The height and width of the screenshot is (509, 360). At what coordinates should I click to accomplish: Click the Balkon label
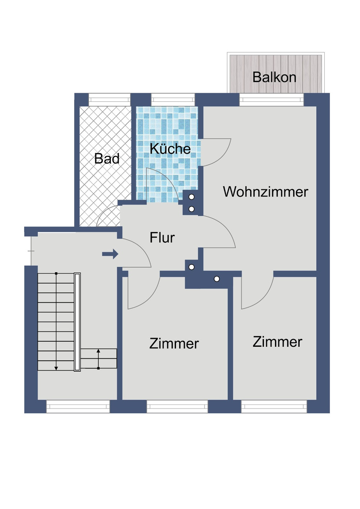(x=274, y=77)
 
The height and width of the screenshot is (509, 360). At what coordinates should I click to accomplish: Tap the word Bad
(x=107, y=159)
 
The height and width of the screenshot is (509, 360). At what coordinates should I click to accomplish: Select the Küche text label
(x=170, y=149)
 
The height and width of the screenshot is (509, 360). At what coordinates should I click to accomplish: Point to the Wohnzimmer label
(x=265, y=192)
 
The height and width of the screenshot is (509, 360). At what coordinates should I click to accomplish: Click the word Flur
(x=162, y=238)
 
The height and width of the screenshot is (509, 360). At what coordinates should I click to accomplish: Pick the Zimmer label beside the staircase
(x=174, y=344)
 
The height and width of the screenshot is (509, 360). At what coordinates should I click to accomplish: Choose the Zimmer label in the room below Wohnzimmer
(x=277, y=342)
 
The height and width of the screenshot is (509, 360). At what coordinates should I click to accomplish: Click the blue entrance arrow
(x=110, y=254)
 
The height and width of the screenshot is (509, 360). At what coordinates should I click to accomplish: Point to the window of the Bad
(x=109, y=100)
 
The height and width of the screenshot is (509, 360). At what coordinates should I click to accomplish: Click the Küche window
(x=173, y=100)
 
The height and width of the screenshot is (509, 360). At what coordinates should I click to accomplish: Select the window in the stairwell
(x=78, y=406)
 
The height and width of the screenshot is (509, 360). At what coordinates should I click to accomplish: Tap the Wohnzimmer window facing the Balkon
(x=272, y=100)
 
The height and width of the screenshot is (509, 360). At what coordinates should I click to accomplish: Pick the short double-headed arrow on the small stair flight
(x=98, y=359)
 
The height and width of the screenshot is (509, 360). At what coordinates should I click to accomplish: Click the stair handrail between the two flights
(x=77, y=322)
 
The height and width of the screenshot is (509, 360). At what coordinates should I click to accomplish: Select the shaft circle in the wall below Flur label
(x=192, y=267)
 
